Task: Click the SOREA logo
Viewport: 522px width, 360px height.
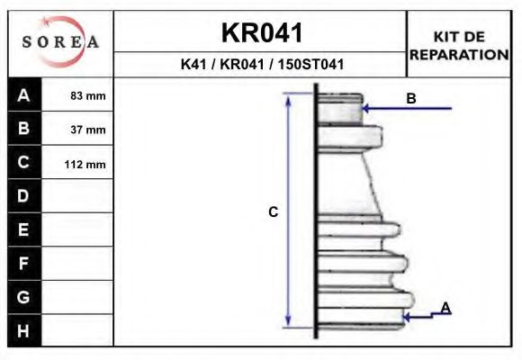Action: (60, 42)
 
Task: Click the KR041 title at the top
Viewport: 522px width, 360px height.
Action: (262, 32)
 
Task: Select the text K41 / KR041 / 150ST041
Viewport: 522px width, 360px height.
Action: (262, 65)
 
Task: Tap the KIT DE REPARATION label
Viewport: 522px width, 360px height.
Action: (459, 45)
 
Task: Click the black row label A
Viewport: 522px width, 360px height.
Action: (24, 94)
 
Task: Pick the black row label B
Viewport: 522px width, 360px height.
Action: (24, 129)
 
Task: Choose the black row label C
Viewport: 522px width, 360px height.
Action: (24, 163)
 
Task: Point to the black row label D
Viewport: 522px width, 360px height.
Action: (24, 196)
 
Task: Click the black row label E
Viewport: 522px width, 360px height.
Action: (24, 229)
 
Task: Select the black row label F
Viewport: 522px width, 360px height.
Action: (24, 264)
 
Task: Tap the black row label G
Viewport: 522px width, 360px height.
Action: (24, 297)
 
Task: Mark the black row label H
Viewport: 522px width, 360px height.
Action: (24, 330)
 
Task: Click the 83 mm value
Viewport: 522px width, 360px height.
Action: (88, 95)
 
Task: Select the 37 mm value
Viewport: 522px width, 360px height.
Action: (88, 130)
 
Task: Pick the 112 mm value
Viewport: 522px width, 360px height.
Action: (88, 164)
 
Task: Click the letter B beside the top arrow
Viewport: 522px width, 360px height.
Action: (411, 98)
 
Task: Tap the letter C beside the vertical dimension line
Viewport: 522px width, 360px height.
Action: (274, 212)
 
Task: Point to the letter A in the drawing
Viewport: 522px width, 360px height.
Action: (445, 308)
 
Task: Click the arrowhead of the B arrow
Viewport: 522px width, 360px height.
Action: (366, 109)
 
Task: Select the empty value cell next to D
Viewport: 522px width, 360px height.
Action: (78, 196)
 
